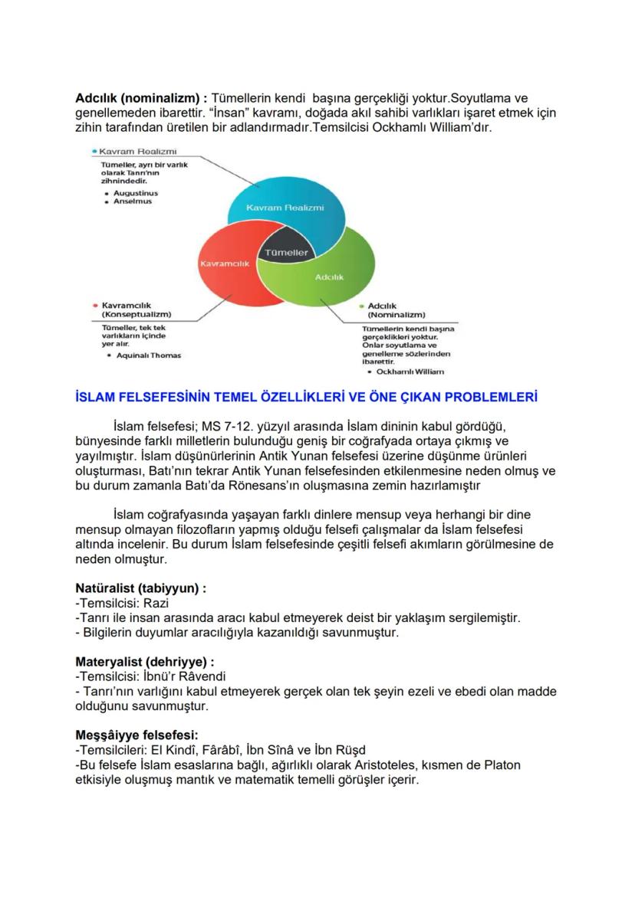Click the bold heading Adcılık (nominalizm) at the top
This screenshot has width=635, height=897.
point(141,99)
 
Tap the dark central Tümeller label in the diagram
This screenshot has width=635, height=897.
point(285,253)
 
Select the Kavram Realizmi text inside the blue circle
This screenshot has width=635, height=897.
point(285,208)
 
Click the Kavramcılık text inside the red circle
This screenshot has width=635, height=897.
point(225,263)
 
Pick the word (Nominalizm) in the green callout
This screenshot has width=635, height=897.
point(396,315)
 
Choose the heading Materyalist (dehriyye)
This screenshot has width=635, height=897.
point(144,661)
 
